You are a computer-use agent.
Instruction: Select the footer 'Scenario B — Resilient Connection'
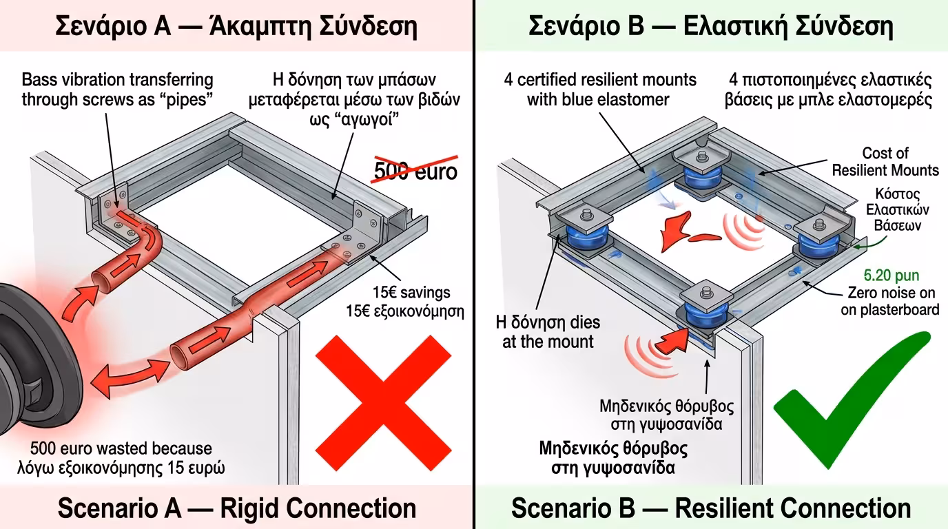[711, 508]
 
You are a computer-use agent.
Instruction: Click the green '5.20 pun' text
[892, 276]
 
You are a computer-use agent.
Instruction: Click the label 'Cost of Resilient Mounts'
[885, 162]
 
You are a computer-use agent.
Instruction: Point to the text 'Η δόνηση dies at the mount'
[548, 331]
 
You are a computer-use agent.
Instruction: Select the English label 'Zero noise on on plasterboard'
[889, 301]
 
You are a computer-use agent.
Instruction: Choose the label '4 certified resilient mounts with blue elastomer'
[599, 90]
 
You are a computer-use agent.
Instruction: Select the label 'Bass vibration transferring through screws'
[117, 90]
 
